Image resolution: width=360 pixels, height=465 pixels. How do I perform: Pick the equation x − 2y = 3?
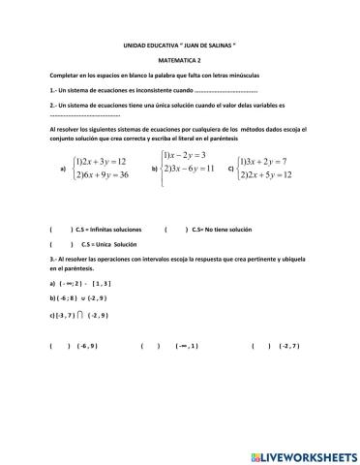[x=191, y=156]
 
